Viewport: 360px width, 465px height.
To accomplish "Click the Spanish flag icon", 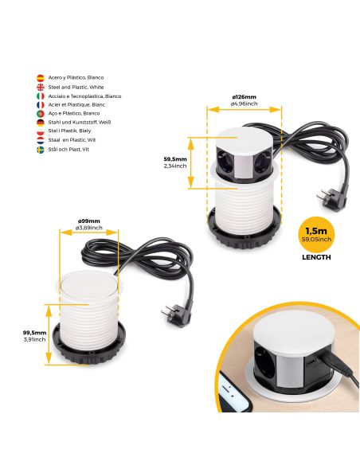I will (40, 78).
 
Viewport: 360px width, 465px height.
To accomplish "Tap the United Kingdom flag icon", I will (40, 87).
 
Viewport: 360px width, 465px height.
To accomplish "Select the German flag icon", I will (40, 123).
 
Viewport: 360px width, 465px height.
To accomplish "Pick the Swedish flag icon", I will (40, 149).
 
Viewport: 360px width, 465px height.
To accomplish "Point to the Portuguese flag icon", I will (40, 114).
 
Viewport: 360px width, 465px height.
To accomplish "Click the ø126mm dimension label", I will (244, 97).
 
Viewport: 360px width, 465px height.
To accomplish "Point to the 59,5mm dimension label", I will (174, 158).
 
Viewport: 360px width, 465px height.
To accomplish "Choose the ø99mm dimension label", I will (89, 221).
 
